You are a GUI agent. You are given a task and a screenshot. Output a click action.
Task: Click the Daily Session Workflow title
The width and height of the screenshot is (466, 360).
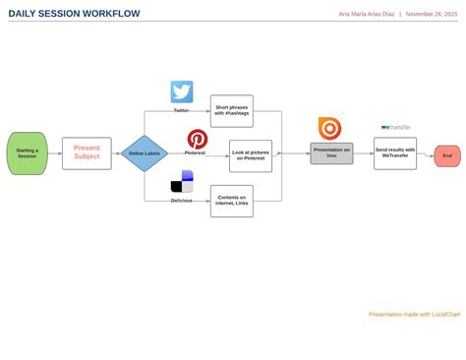[x=74, y=14]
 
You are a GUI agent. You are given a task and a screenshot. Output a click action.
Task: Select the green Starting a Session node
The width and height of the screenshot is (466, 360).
[x=27, y=152]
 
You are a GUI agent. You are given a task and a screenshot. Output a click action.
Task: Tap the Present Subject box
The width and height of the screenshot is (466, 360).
[x=87, y=152]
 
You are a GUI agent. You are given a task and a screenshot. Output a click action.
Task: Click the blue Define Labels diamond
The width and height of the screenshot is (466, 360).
[x=145, y=152]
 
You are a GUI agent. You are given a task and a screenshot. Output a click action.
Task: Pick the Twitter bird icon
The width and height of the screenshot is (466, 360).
[x=182, y=91]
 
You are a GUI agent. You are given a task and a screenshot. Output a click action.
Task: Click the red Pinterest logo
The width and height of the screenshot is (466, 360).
[x=198, y=139]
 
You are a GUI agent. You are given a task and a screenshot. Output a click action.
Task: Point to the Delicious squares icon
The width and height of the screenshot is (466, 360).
[x=182, y=182]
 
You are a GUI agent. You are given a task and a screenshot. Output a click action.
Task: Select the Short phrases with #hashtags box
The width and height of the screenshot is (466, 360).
[x=231, y=111]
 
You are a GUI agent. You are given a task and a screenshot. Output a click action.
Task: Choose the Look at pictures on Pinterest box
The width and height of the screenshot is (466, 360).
[x=251, y=154]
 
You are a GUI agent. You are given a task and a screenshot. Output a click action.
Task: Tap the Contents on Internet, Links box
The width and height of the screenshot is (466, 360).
[x=231, y=201]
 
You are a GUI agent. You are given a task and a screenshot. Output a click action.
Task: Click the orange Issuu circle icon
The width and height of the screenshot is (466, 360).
[x=329, y=128]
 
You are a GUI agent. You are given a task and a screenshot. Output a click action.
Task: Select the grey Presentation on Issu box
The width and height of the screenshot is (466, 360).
[x=331, y=153]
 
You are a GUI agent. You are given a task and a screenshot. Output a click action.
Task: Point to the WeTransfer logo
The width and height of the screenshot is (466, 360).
[x=395, y=127]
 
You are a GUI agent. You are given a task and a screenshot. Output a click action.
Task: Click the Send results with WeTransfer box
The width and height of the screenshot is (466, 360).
[x=395, y=153]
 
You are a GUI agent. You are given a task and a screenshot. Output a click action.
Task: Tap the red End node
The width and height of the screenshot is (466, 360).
[x=447, y=155]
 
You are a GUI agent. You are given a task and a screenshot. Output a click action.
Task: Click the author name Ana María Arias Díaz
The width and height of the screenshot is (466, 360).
[x=366, y=15]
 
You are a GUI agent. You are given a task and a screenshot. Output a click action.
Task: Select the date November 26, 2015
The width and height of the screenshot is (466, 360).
[x=431, y=15]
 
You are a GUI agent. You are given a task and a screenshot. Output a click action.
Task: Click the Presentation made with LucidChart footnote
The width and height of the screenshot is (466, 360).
[x=414, y=286]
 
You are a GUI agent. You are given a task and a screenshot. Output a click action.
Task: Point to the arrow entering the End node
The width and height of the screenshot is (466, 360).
[x=428, y=155]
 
